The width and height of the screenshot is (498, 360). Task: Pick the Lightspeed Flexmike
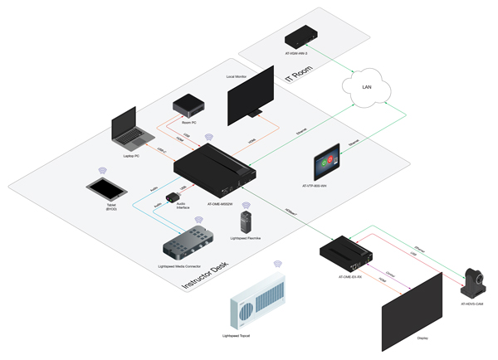[245, 221]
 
